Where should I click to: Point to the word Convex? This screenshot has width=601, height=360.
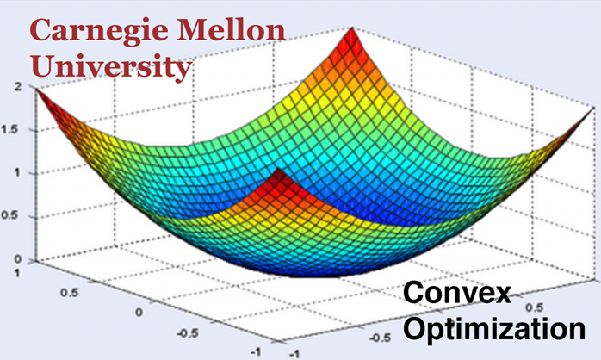tap(457, 295)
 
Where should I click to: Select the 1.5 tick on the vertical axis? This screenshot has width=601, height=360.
tap(15, 130)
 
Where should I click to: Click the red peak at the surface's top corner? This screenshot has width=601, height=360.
tap(349, 32)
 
